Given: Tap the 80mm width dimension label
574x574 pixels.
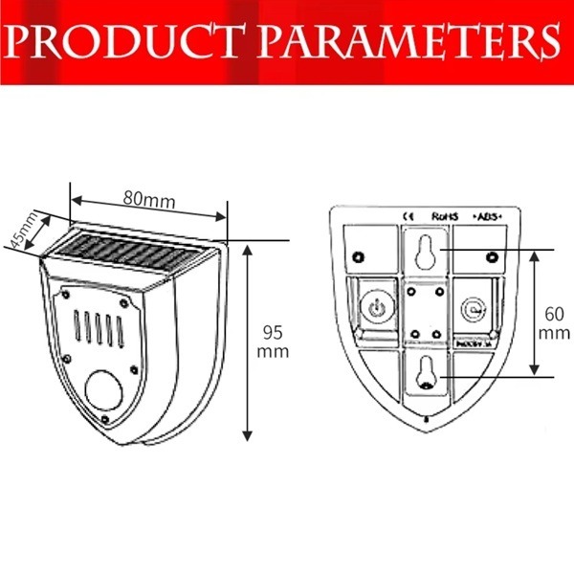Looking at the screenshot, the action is (149, 200).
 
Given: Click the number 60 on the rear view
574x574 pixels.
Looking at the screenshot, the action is (553, 314).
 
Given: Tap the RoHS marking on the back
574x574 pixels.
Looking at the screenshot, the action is (446, 216).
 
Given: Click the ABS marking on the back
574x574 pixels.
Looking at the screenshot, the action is (488, 216).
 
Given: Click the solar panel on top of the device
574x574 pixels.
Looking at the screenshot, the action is (128, 256).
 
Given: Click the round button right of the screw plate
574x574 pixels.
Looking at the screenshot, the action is (471, 308).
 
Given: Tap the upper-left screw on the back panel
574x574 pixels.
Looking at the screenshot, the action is (358, 255).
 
